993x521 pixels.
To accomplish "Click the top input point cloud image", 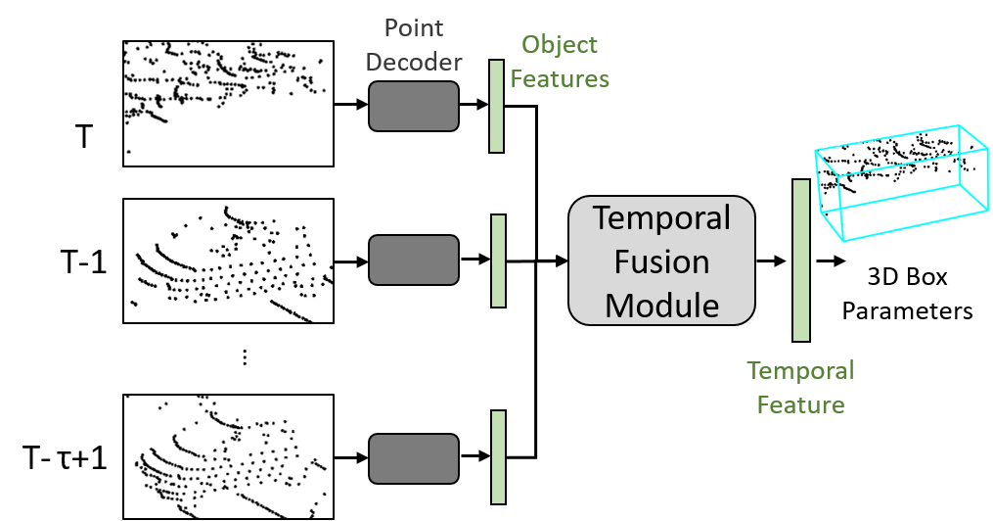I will pyautogui.click(x=228, y=103).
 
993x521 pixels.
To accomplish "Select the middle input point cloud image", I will pyautogui.click(x=228, y=260).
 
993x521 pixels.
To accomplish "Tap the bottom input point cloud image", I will pyautogui.click(x=228, y=456).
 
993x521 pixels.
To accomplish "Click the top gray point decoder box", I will pyautogui.click(x=414, y=106).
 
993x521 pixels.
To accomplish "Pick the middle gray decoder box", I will pyautogui.click(x=414, y=260).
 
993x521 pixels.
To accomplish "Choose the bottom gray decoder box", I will pyautogui.click(x=414, y=457).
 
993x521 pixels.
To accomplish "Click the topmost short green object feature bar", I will pyautogui.click(x=496, y=107).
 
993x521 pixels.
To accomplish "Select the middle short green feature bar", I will pyautogui.click(x=498, y=260).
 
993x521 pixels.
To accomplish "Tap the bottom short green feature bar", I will pyautogui.click(x=498, y=456).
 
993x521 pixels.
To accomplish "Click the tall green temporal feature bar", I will pyautogui.click(x=801, y=260).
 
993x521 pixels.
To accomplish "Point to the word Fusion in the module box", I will pyautogui.click(x=662, y=261).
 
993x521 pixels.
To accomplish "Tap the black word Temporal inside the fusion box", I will pyautogui.click(x=662, y=217).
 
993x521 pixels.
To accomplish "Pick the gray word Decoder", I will pyautogui.click(x=414, y=63).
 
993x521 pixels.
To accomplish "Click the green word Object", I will pyautogui.click(x=560, y=45).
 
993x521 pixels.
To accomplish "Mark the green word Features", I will pyautogui.click(x=560, y=78).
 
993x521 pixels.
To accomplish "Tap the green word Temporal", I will pyautogui.click(x=800, y=371).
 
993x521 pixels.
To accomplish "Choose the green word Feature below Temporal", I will pyautogui.click(x=800, y=404).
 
